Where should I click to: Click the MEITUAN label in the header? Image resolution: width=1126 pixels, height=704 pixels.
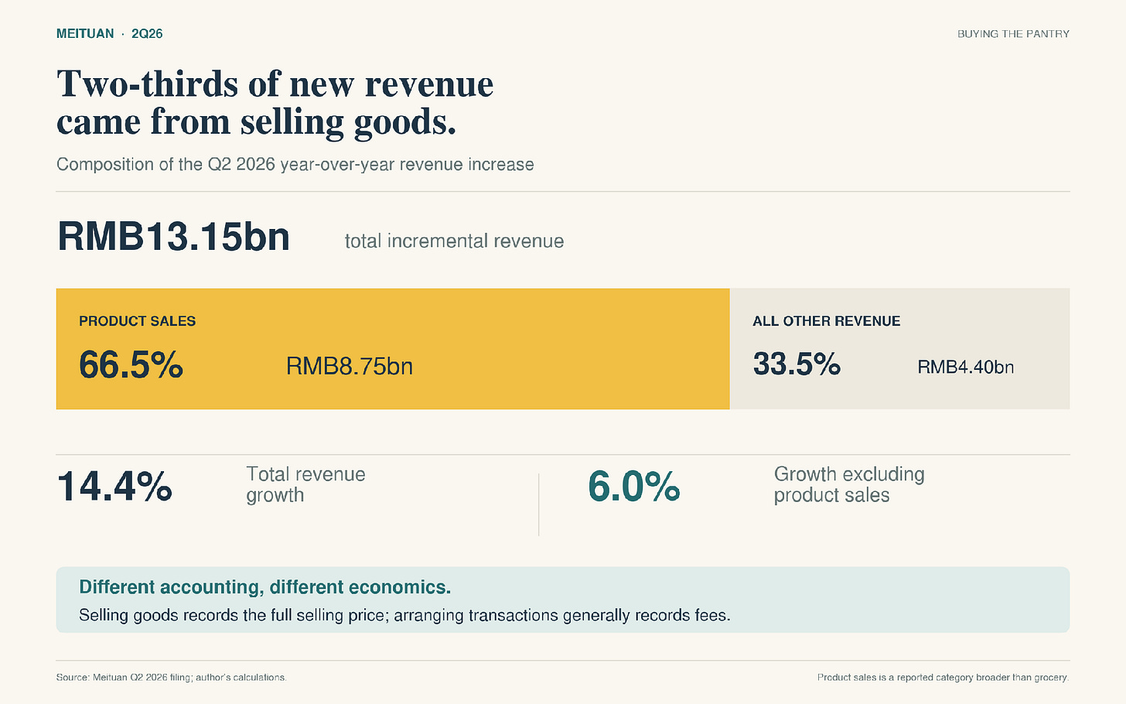[85, 34]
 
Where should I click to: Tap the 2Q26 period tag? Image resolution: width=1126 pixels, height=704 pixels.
[147, 34]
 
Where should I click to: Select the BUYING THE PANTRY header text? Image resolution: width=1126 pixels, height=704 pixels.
[1013, 34]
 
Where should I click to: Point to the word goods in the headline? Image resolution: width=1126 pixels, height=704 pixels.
[404, 123]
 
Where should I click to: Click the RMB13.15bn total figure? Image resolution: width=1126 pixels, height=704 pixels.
[173, 237]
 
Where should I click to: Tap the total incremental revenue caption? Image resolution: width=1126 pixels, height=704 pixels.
[455, 241]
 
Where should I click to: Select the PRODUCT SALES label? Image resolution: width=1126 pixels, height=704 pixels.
[137, 321]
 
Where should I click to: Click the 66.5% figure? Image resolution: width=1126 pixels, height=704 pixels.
[131, 364]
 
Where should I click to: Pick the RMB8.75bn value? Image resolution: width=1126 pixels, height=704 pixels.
[350, 366]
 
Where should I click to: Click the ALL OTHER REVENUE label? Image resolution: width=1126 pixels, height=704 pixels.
[827, 321]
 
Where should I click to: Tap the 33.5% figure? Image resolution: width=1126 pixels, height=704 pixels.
[797, 364]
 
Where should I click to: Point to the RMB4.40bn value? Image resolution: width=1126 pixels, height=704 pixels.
[966, 367]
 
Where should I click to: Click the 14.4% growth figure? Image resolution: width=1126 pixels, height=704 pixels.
[114, 487]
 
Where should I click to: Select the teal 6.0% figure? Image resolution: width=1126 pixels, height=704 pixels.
[634, 487]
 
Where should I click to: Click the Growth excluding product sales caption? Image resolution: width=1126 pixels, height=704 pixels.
[849, 485]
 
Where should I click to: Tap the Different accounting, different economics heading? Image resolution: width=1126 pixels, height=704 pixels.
[265, 587]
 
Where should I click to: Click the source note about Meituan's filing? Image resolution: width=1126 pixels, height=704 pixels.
[172, 678]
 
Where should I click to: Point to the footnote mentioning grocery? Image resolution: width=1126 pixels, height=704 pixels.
[943, 678]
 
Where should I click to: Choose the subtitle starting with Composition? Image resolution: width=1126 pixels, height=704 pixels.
[295, 165]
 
